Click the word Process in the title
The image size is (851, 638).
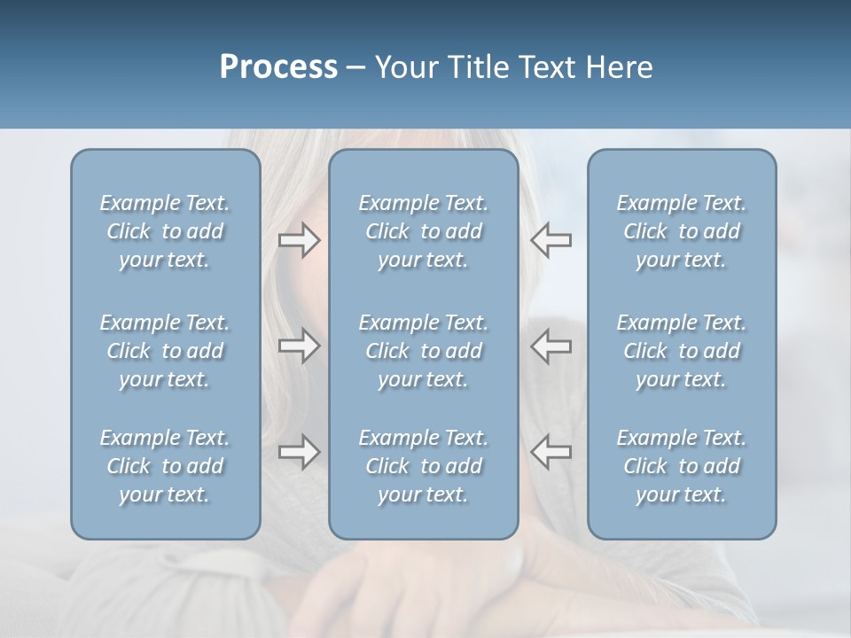pyautogui.click(x=278, y=67)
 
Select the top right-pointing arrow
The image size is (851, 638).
pyautogui.click(x=300, y=240)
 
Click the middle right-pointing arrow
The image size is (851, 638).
pyautogui.click(x=300, y=346)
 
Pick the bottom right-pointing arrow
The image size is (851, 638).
pyautogui.click(x=300, y=452)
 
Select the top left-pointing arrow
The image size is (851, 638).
pyautogui.click(x=550, y=240)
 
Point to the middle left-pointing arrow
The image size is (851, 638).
pyautogui.click(x=550, y=346)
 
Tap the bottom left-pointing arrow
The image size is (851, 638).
pyautogui.click(x=550, y=452)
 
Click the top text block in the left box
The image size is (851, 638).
pyautogui.click(x=165, y=231)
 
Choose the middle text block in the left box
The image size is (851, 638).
pyautogui.click(x=165, y=351)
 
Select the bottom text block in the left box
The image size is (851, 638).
pyautogui.click(x=165, y=466)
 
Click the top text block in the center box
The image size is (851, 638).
pyautogui.click(x=424, y=231)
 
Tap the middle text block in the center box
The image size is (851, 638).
pyautogui.click(x=424, y=351)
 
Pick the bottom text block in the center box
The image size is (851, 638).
pyautogui.click(x=424, y=466)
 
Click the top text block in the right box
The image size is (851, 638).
pyautogui.click(x=682, y=231)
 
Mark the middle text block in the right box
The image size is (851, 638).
pyautogui.click(x=682, y=351)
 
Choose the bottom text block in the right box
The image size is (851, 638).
pyautogui.click(x=682, y=466)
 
